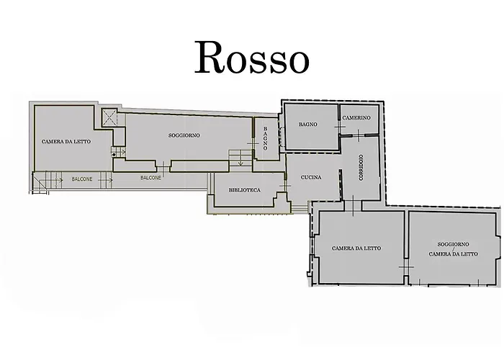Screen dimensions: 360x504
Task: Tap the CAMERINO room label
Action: click(356, 118)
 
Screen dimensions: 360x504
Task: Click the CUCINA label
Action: click(311, 178)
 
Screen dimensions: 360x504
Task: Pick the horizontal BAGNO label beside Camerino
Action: click(309, 125)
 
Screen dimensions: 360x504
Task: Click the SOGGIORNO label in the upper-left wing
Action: click(184, 135)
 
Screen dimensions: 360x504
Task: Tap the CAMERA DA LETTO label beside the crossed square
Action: click(66, 141)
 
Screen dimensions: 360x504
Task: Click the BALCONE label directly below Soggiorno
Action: click(150, 177)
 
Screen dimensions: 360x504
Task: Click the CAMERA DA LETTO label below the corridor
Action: click(356, 248)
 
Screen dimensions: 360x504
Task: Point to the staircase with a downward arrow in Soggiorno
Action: click(236, 156)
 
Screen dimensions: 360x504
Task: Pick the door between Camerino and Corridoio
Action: click(359, 135)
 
